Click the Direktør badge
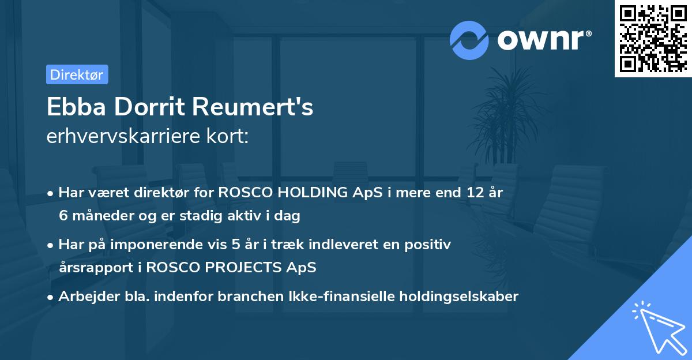(77, 74)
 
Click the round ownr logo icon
(469, 40)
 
